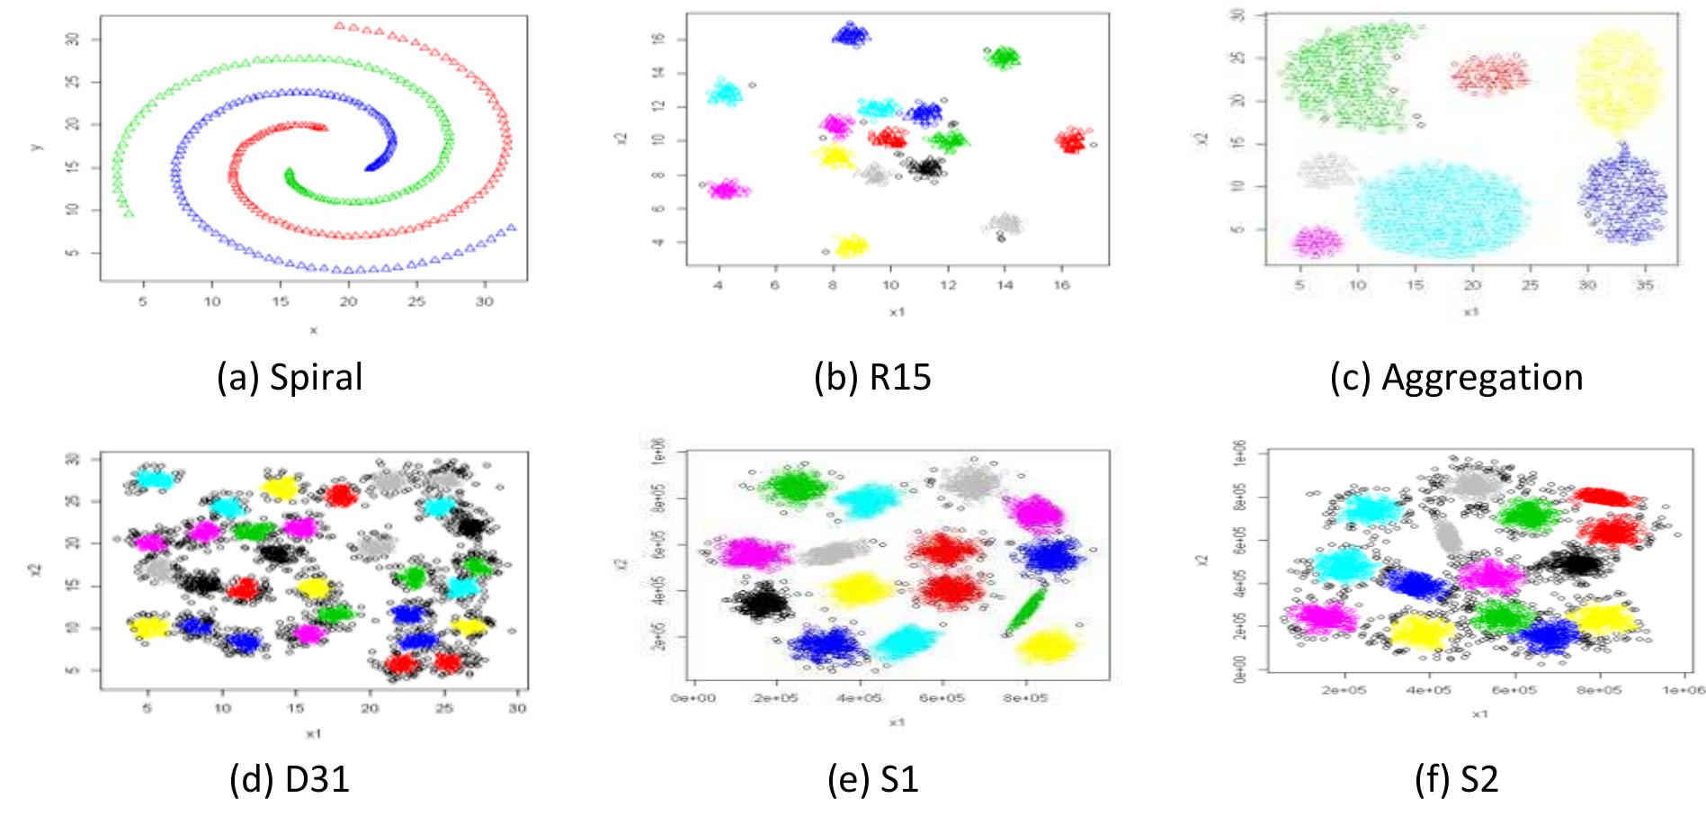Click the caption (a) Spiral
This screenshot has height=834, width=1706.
290,376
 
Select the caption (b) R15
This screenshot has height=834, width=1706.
872,376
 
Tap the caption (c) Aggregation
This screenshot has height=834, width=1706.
1456,376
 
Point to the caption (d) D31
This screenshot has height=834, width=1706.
290,778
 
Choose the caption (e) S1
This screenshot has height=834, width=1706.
872,778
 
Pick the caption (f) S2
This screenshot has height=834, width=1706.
1456,778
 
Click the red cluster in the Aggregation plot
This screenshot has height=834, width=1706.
1489,74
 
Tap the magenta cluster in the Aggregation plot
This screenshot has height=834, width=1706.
1317,240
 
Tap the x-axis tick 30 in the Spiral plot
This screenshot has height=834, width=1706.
485,301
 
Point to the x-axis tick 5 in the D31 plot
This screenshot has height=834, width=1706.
147,709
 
